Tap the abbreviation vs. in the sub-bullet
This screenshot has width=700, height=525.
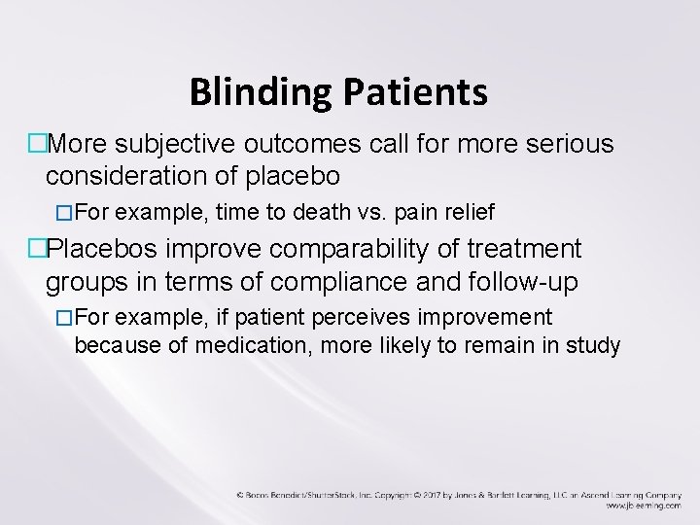(368, 211)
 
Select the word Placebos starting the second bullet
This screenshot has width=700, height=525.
(105, 250)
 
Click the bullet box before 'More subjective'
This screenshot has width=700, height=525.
(37, 146)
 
